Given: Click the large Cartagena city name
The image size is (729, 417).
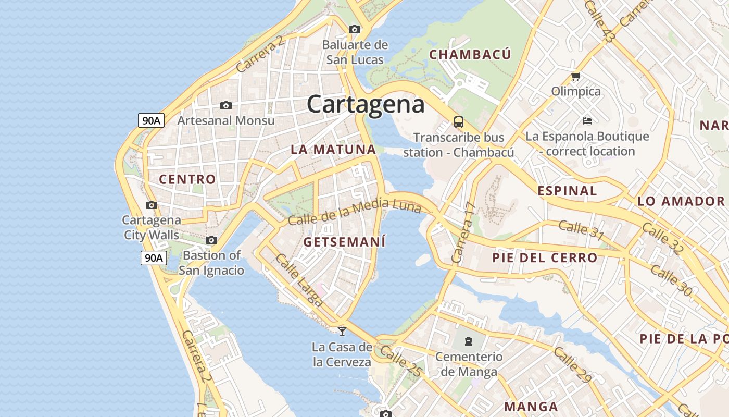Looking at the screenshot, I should (366, 104).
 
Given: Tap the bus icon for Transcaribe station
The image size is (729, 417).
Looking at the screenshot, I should (458, 122).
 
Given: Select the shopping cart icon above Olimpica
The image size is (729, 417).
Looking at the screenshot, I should (575, 77).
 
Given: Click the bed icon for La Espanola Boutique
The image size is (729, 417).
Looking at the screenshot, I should (587, 121).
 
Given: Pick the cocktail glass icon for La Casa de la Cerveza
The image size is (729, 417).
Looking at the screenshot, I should (342, 331).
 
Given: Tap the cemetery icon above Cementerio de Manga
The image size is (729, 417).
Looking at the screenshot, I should (469, 342).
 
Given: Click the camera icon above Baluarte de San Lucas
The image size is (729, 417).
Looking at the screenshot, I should (355, 29).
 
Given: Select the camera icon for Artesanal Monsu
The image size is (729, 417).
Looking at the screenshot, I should (226, 105).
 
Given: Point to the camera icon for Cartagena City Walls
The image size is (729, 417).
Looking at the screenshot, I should (152, 205).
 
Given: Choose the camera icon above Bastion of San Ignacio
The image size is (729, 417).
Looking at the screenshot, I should (211, 240).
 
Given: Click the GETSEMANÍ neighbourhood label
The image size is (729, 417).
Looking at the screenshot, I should (345, 242).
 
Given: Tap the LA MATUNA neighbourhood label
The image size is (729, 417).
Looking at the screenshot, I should (333, 150).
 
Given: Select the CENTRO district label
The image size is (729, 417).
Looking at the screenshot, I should (187, 179).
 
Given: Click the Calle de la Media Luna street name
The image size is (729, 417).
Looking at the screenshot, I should (355, 212).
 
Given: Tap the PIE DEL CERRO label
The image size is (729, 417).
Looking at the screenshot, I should (545, 257).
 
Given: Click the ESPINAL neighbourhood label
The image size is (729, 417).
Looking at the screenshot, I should (567, 191).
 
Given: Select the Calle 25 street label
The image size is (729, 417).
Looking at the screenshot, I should (400, 360).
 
